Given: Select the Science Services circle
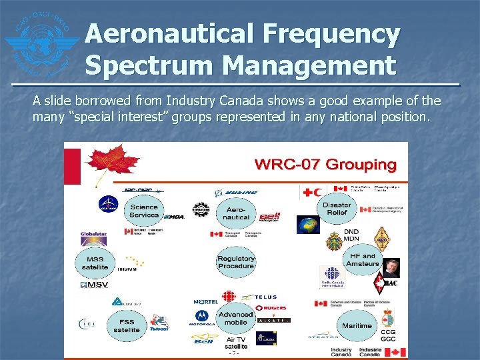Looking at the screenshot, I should (144, 211).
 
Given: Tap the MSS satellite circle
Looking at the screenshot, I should (95, 263).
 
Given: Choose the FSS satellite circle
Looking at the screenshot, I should (127, 325).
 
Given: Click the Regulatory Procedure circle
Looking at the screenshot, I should (236, 262).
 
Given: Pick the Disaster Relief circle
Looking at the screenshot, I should (337, 209).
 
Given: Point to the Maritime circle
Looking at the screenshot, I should (357, 326).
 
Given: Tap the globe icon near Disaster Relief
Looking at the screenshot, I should (308, 225).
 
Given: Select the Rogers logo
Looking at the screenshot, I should (271, 307).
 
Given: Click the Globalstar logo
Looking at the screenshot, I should (94, 235).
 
